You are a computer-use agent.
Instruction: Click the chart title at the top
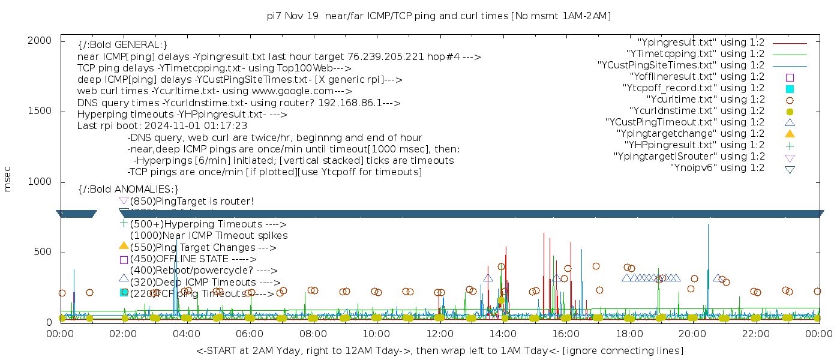[x=439, y=16]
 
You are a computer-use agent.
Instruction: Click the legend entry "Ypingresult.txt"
[x=700, y=42]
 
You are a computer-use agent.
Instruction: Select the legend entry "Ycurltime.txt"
[x=705, y=99]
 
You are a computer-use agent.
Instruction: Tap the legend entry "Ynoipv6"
[x=717, y=167]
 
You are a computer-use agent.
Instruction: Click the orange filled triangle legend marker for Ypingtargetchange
[x=790, y=133]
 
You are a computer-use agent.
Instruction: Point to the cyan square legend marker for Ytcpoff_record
[x=790, y=88]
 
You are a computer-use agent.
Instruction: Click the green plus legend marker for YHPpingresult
[x=790, y=145]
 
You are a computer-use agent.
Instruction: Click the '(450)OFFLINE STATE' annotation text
[x=180, y=259]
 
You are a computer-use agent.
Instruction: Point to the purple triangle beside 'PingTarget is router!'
[x=124, y=200]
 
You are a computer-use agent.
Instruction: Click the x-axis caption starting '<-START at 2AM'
[x=439, y=350]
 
